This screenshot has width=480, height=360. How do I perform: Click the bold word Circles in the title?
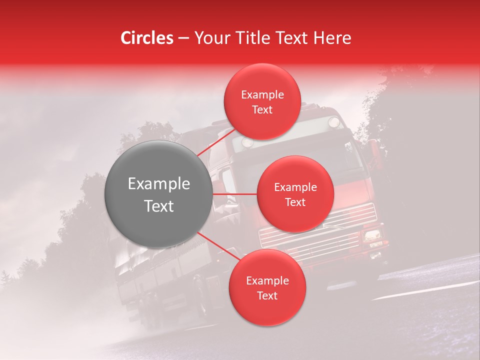(x=147, y=38)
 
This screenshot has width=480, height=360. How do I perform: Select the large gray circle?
(x=158, y=194)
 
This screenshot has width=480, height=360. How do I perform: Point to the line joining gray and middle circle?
(x=234, y=194)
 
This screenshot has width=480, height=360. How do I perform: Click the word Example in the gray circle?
(x=158, y=184)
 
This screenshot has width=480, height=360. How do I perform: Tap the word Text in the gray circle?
(x=158, y=206)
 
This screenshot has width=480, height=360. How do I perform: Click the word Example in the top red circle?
(x=262, y=95)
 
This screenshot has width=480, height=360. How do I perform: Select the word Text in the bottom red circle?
(x=267, y=295)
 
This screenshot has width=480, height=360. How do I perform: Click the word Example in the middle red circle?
(x=295, y=187)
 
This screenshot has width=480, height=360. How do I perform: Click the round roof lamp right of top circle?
(x=333, y=121)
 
